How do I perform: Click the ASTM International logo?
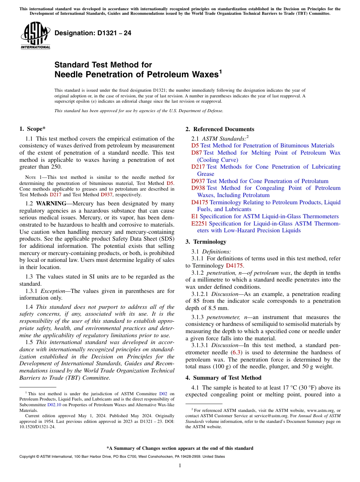[35, 36]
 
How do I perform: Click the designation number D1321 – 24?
[93, 33]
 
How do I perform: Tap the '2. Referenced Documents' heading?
[220, 129]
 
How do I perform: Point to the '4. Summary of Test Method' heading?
[223, 378]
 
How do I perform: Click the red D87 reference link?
[196, 153]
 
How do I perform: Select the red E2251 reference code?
[200, 224]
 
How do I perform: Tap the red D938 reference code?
[198, 188]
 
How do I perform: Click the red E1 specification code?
[194, 216]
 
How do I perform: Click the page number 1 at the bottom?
[180, 465]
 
